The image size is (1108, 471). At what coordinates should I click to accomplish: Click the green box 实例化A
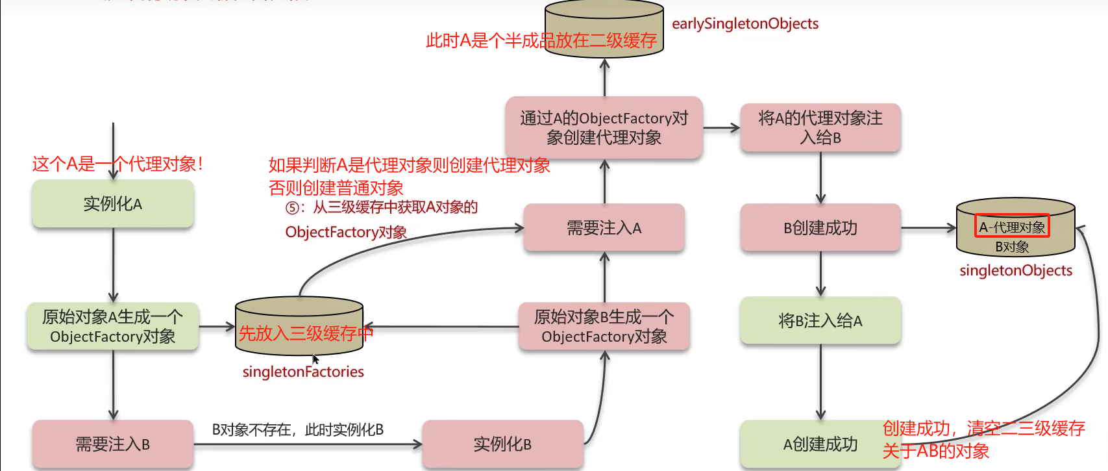[x=113, y=204]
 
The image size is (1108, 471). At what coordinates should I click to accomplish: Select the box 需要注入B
[x=113, y=444]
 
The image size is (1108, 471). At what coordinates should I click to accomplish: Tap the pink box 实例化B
[x=502, y=444]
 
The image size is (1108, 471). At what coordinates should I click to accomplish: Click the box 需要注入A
[x=604, y=228]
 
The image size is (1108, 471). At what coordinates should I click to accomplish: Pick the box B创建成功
[x=820, y=228]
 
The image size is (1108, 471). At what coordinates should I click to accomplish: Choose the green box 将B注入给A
[x=820, y=321]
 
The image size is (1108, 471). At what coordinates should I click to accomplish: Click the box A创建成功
[x=820, y=444]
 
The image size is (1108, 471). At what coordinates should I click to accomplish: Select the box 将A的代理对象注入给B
[x=820, y=128]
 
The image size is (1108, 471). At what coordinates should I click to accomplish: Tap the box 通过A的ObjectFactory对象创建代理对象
[x=604, y=128]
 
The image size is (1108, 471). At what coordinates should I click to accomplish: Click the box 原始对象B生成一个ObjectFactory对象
[x=604, y=326]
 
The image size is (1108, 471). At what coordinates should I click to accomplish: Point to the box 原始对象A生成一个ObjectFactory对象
[x=113, y=326]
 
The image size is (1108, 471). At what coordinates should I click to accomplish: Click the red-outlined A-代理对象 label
[x=1012, y=227]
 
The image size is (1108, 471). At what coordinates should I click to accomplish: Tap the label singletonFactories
[x=303, y=372]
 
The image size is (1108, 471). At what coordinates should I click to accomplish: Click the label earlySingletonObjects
[x=745, y=24]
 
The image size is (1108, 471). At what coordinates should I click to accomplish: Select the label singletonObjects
[x=1016, y=270]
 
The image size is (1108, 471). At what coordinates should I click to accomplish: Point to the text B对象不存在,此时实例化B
[x=298, y=429]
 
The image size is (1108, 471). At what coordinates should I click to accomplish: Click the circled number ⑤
[x=293, y=208]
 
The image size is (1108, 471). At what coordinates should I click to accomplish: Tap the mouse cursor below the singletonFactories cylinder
[x=315, y=359]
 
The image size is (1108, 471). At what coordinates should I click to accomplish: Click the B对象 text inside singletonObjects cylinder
[x=1012, y=247]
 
